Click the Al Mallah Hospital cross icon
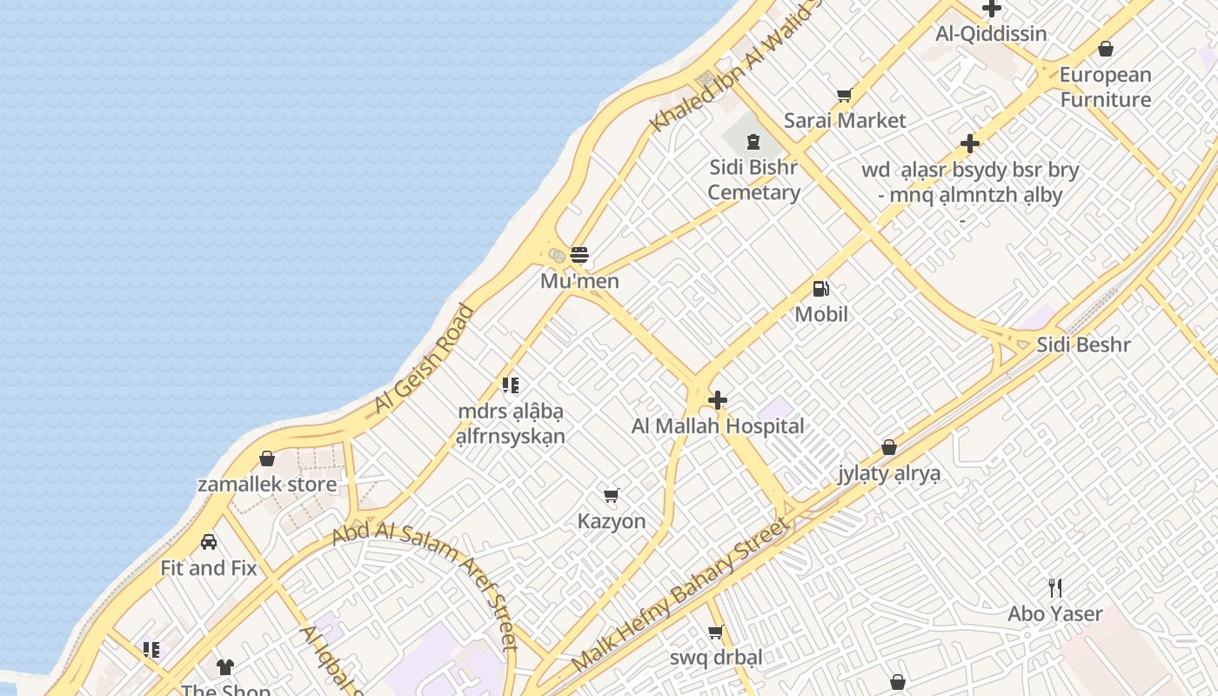(718, 400)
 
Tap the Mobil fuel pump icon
(820, 289)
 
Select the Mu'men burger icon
(579, 256)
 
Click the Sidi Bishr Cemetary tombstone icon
(753, 141)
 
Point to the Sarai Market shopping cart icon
(844, 95)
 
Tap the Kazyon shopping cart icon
(612, 496)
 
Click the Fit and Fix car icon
(209, 542)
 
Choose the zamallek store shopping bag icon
(267, 458)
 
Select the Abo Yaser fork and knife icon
(1055, 588)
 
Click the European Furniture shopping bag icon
(1106, 49)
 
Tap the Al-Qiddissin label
(991, 34)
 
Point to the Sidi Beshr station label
(1083, 345)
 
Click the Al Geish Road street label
(425, 358)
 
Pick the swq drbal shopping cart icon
(716, 632)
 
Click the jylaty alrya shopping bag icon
(889, 447)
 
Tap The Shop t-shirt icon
(225, 667)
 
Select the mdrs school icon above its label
(511, 385)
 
